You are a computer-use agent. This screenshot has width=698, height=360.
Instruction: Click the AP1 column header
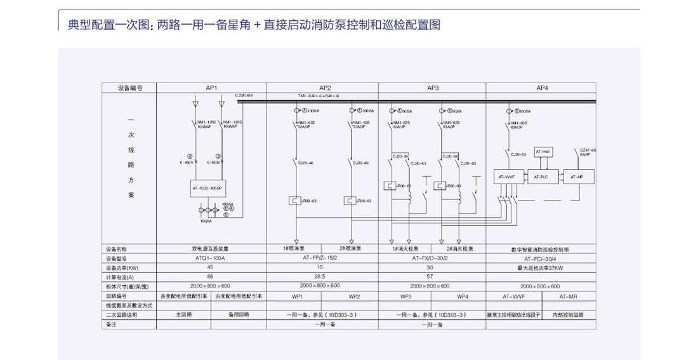coord(211,88)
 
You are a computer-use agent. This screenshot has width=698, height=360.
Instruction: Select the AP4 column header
coord(542,88)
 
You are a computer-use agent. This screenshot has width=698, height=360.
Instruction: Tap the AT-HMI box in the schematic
coord(544,151)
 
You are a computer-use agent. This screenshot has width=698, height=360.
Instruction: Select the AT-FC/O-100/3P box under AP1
coord(207,189)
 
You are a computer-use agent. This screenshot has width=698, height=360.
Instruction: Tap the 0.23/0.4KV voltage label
coord(244,95)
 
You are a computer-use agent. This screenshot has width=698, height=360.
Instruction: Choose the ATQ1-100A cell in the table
coord(211,258)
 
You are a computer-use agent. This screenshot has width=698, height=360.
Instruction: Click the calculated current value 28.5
coord(322,277)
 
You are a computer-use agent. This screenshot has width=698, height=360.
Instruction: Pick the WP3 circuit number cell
coord(406,296)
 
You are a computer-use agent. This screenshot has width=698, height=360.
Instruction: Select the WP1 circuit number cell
coord(296,296)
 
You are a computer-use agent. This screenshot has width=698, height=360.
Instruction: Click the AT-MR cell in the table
coord(569,296)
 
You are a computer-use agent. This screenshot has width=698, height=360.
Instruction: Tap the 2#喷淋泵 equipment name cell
coord(350,249)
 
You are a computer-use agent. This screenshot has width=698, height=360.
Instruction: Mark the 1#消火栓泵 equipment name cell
coord(405,249)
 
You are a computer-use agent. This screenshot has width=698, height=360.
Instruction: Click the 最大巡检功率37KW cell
coord(542,267)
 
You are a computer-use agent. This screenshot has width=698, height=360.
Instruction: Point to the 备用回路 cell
coord(239,314)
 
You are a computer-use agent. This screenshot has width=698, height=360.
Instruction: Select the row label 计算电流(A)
coord(118,277)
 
